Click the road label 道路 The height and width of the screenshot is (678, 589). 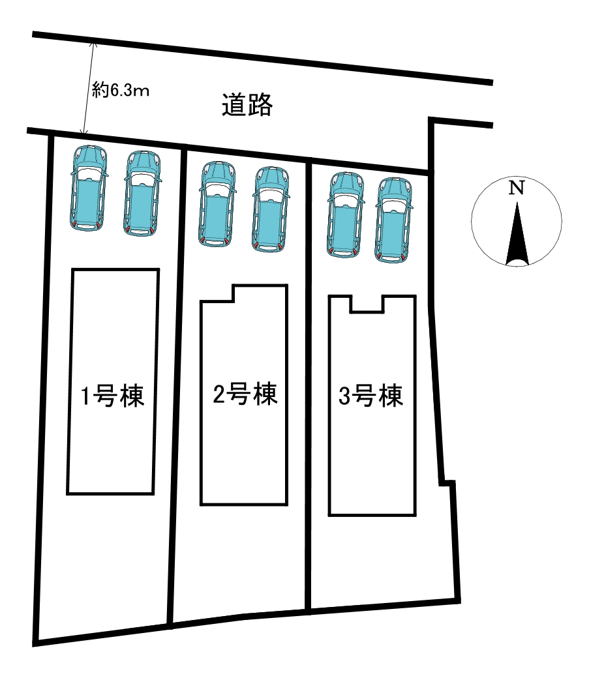pyautogui.click(x=247, y=105)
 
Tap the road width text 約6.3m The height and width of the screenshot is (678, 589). pyautogui.click(x=121, y=91)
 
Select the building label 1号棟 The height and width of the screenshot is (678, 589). pyautogui.click(x=113, y=396)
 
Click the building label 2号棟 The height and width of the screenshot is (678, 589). pyautogui.click(x=245, y=394)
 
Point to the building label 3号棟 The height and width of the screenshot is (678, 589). pyautogui.click(x=371, y=396)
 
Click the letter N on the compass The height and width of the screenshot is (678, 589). pyautogui.click(x=517, y=188)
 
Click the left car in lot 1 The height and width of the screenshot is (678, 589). pyautogui.click(x=89, y=188)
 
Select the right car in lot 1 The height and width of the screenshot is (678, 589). pyautogui.click(x=142, y=194)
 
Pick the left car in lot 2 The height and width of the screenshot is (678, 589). pyautogui.click(x=218, y=204)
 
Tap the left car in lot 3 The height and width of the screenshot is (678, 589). pyautogui.click(x=346, y=215)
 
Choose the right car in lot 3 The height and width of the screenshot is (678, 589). pyautogui.click(x=393, y=220)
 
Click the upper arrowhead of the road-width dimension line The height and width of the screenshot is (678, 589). pyautogui.click(x=93, y=44)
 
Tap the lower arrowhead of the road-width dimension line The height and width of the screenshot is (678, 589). pyautogui.click(x=84, y=131)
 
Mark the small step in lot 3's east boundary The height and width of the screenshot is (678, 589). pyautogui.click(x=447, y=483)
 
